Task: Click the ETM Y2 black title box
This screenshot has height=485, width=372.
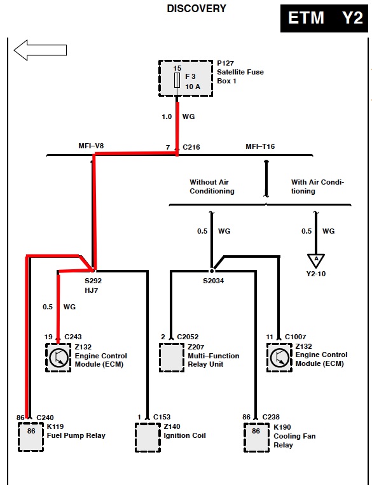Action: click(324, 18)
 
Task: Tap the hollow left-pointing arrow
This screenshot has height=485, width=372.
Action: click(40, 50)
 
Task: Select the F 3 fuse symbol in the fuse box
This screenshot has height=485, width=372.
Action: click(177, 80)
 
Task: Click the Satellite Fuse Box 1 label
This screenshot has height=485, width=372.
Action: click(240, 72)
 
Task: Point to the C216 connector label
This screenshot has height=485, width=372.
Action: click(191, 147)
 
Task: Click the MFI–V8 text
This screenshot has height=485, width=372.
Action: click(91, 145)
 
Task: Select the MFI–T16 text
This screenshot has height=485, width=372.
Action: click(260, 146)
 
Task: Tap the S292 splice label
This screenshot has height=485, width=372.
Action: click(93, 281)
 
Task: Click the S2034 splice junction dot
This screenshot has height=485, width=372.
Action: click(212, 271)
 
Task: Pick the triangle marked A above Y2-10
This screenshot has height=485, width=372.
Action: click(316, 260)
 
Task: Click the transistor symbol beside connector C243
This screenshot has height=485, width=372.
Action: click(59, 358)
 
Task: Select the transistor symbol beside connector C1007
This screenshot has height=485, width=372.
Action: click(279, 358)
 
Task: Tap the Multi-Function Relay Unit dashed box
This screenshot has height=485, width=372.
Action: click(172, 358)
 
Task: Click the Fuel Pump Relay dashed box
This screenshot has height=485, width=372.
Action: click(31, 437)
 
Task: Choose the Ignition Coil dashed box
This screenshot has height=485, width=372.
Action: click(148, 437)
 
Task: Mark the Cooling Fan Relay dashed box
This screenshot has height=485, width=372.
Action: click(256, 437)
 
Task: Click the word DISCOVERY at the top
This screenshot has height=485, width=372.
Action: click(196, 8)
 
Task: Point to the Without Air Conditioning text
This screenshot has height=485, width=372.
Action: click(212, 186)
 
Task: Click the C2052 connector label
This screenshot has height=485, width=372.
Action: click(188, 337)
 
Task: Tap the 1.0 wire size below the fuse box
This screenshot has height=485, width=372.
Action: click(167, 117)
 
